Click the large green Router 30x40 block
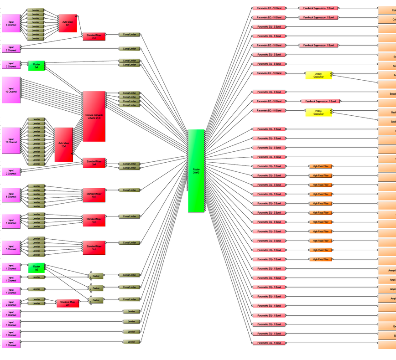[196, 171]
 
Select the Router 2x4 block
[36, 66]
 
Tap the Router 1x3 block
[36, 268]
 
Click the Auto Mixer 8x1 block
[68, 23]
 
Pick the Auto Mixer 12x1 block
[63, 144]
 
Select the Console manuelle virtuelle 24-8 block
[94, 116]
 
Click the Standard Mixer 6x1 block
[94, 195]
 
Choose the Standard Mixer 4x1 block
[94, 221]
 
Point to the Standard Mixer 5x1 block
[94, 248]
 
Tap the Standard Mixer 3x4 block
[94, 163]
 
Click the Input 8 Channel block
[10, 23]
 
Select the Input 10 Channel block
[10, 90]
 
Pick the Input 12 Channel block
[10, 141]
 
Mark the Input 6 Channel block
[10, 195]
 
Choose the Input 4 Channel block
[10, 221]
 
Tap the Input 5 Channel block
[10, 248]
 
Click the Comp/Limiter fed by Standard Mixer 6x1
[130, 190]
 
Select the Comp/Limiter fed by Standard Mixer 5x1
[130, 242]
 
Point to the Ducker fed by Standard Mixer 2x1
[96, 300]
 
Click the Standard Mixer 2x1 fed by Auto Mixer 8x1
[94, 36]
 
